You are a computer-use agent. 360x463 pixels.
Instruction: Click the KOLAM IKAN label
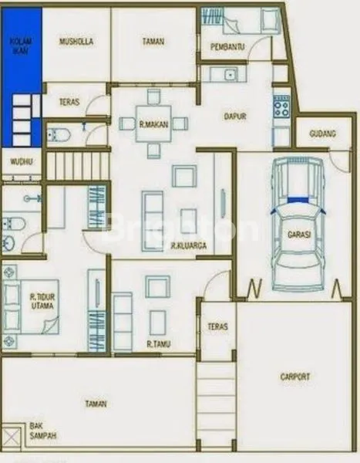point(20,46)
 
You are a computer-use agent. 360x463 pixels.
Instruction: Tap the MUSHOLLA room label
point(76,42)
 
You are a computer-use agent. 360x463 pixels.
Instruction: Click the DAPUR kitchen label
point(235,117)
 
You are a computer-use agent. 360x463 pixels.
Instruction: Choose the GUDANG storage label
point(322,133)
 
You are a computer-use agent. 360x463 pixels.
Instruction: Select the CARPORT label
point(295,377)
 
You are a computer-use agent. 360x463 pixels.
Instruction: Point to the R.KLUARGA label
point(187,247)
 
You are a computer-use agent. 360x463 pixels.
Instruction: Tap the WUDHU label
point(21,162)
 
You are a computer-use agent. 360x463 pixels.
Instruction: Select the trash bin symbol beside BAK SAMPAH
point(11,437)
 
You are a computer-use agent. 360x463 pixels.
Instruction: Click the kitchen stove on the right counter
point(281,105)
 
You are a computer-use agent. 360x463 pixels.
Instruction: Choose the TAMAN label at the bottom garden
point(96,404)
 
